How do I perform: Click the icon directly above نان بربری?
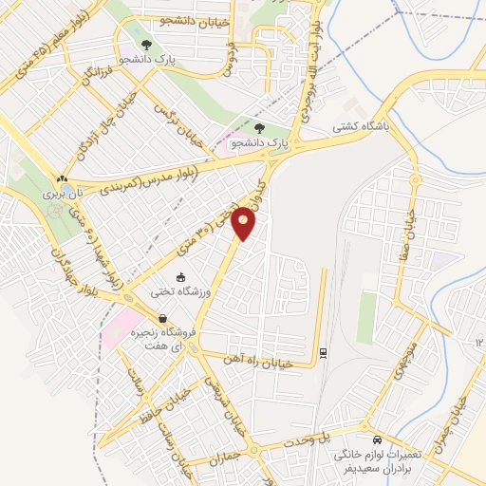coord(62,178)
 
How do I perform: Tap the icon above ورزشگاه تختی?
coord(181,276)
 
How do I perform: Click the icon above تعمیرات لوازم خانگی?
coord(378,440)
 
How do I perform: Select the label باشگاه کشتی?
coord(356,124)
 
